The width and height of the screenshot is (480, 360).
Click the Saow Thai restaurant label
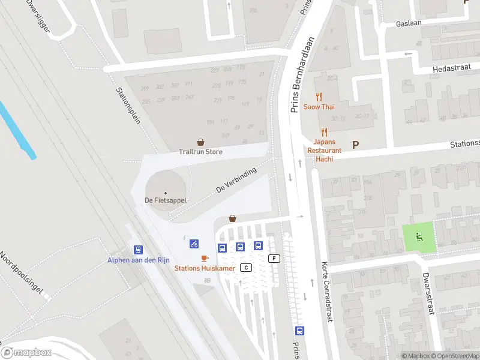[319, 107]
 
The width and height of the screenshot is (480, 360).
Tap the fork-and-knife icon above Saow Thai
[319, 96]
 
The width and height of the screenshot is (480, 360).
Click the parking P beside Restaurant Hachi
[355, 145]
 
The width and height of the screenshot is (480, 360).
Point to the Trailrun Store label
[200, 152]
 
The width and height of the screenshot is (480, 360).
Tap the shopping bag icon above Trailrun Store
[200, 142]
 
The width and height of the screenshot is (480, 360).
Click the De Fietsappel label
[166, 200]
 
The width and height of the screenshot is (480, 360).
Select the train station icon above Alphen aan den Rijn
[139, 250]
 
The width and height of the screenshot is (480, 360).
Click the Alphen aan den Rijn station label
[139, 260]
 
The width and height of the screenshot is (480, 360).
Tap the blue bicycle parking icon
[194, 244]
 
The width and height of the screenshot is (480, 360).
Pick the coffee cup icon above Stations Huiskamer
[205, 258]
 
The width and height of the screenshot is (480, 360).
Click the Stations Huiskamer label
[205, 268]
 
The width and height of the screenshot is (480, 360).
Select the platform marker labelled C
[245, 267]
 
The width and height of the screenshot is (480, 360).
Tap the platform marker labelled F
[275, 259]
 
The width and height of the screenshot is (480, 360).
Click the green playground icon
[418, 236]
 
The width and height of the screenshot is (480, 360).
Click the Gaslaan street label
[409, 24]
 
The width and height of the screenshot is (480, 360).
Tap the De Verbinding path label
[236, 180]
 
